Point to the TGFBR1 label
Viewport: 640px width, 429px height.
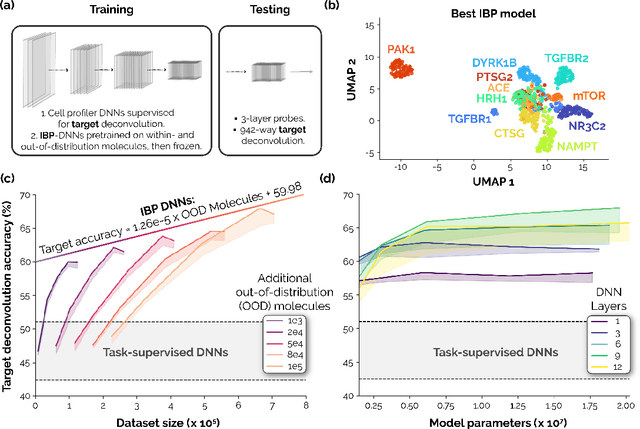(x=413, y=118)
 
